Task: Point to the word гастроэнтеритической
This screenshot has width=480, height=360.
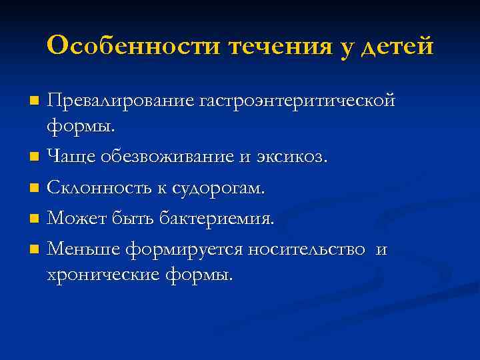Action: pyautogui.click(x=297, y=101)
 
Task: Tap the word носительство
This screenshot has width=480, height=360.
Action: pyautogui.click(x=307, y=250)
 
